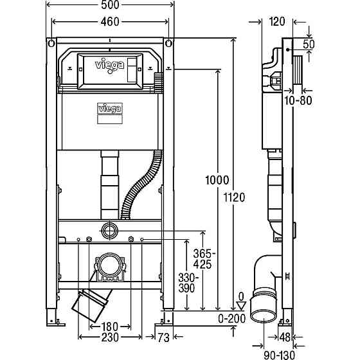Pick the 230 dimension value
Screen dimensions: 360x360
(110, 336)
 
